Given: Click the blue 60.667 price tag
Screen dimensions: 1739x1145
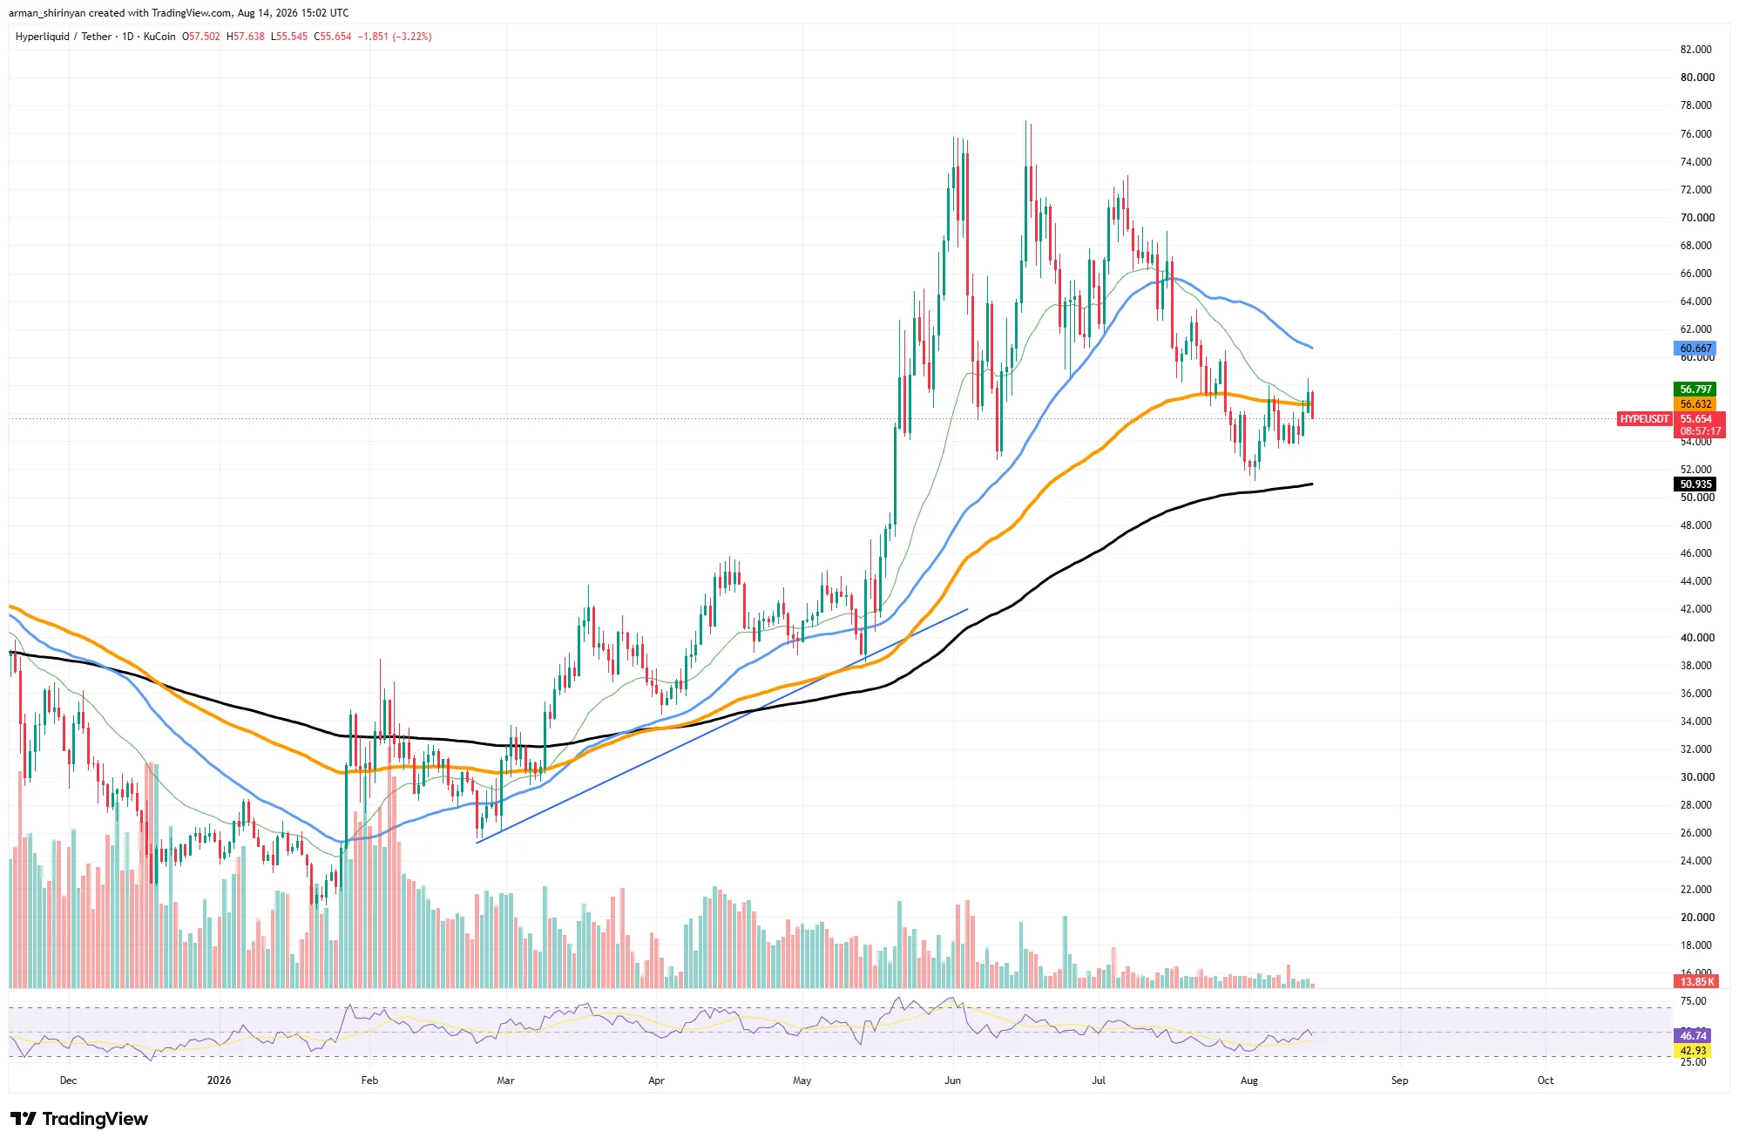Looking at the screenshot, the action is point(1695,349).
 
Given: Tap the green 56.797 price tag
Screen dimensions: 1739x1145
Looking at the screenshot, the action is point(1695,390).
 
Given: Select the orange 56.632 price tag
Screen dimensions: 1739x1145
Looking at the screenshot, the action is point(1695,404).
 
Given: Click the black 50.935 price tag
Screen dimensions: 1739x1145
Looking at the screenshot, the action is point(1695,484).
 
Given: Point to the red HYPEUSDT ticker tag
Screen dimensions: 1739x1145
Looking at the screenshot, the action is point(1644,419).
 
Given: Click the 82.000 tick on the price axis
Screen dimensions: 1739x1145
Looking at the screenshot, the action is point(1695,50).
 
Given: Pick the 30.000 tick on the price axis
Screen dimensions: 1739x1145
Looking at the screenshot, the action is point(1696,777).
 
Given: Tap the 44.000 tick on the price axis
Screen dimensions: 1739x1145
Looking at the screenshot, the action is point(1695,581).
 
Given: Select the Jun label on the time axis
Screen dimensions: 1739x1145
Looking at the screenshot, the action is point(952,1081).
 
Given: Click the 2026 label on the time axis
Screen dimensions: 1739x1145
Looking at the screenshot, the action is point(219,1081).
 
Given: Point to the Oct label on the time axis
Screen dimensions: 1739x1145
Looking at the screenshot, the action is point(1545,1081).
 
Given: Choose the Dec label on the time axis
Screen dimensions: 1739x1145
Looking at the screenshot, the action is point(68,1081).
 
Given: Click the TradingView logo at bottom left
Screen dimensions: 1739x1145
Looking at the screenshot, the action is point(79,1119).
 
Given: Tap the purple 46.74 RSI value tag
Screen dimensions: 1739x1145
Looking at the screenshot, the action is point(1693,1036).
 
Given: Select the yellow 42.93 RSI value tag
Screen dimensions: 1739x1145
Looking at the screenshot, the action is point(1693,1051).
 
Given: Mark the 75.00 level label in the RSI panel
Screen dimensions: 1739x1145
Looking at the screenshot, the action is point(1693,1002).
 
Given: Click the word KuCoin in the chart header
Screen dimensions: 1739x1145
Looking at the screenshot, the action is point(159,37).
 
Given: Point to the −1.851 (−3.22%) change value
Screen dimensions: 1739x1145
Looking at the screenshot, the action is point(396,37).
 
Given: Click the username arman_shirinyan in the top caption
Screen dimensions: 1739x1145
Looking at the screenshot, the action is point(47,13).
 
